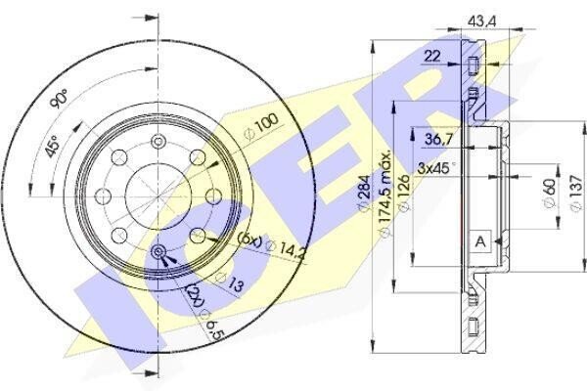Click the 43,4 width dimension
pyautogui.click(x=481, y=22)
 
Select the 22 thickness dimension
pyautogui.click(x=432, y=57)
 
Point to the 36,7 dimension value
pyautogui.click(x=438, y=140)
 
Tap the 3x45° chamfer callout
pyautogui.click(x=436, y=168)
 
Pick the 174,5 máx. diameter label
pyautogui.click(x=385, y=194)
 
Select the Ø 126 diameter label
pyautogui.click(x=404, y=193)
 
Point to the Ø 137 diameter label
pyautogui.click(x=575, y=193)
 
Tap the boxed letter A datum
pyautogui.click(x=480, y=241)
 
